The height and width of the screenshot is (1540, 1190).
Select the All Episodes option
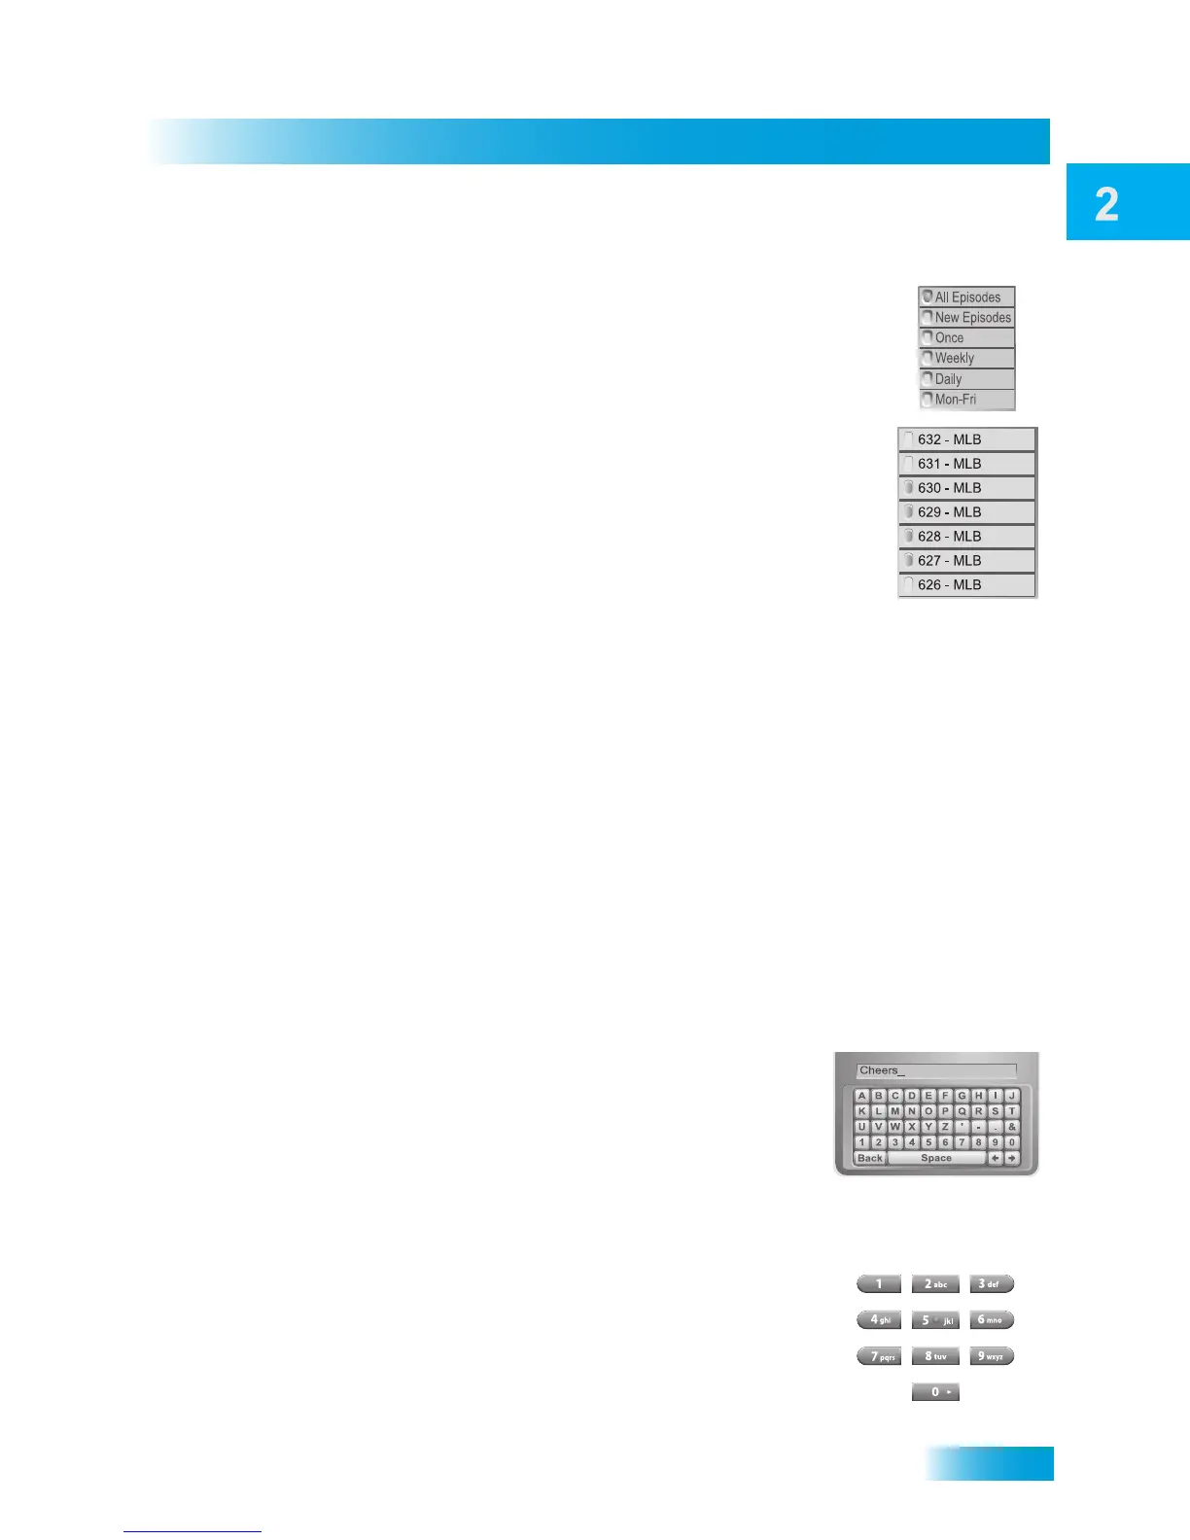click(966, 297)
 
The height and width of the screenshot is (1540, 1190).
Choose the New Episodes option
click(966, 318)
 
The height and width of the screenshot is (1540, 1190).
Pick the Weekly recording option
click(966, 359)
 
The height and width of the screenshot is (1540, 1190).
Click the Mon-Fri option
click(966, 400)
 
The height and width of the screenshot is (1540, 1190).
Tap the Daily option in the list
click(966, 379)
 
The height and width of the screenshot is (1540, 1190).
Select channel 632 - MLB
click(966, 439)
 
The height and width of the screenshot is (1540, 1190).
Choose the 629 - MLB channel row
click(966, 512)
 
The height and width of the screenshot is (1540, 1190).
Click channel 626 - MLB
click(966, 585)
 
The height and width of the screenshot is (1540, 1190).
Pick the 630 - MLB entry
click(966, 488)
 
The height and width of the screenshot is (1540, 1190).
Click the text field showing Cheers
click(936, 1070)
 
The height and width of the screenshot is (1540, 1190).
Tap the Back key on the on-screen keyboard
click(870, 1158)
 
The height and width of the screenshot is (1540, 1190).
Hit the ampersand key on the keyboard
click(1012, 1127)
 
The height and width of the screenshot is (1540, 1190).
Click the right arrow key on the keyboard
click(1012, 1158)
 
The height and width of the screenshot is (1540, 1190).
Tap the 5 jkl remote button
click(935, 1320)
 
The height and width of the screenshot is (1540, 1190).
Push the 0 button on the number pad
click(935, 1392)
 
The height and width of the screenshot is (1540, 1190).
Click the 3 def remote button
click(992, 1284)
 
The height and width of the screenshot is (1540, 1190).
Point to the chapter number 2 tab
click(1127, 202)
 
